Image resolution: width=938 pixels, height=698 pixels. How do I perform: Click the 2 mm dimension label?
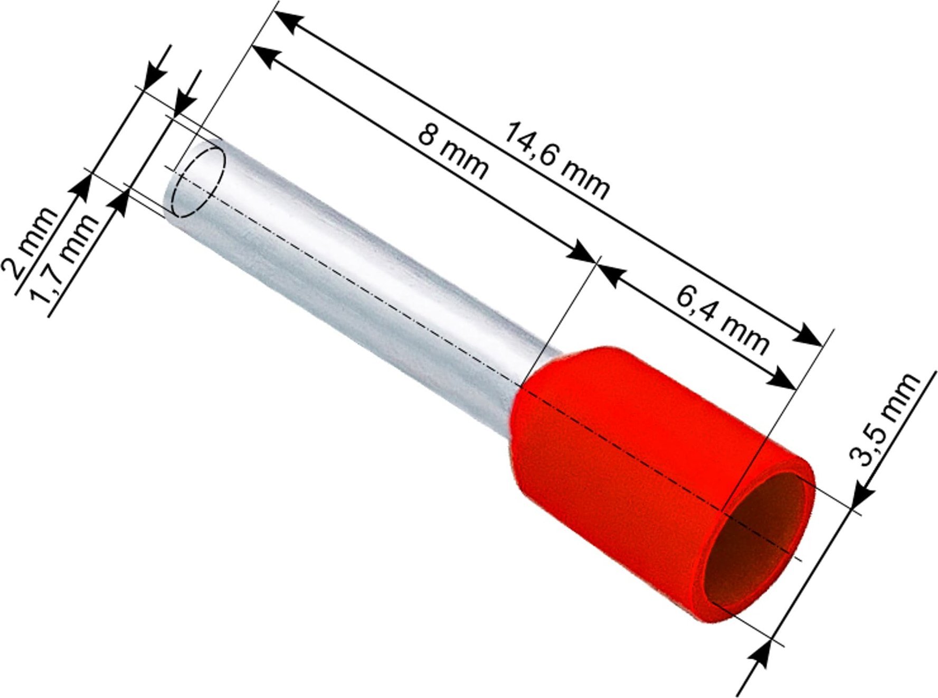click(30, 243)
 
